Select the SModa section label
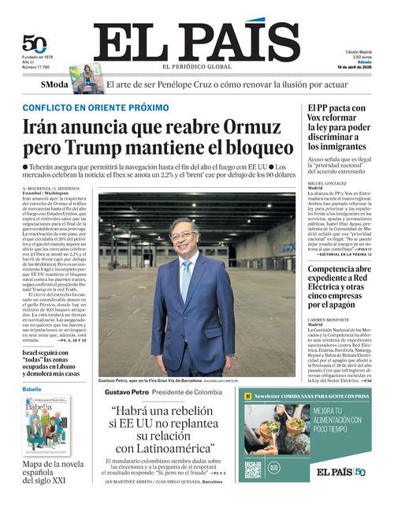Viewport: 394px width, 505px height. pos(54,84)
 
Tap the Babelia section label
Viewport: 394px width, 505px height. pos(32,390)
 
